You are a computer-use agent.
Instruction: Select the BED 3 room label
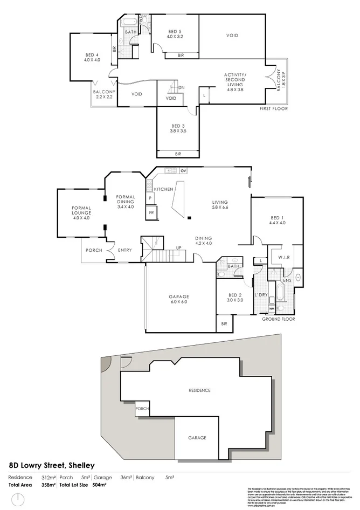[178, 128]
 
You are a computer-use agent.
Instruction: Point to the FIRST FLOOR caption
[274, 109]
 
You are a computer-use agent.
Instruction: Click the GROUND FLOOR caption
[278, 319]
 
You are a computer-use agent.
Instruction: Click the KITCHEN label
[163, 189]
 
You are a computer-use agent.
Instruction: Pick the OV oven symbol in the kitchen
[183, 171]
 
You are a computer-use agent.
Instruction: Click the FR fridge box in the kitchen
[151, 213]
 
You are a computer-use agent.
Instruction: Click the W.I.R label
[284, 257]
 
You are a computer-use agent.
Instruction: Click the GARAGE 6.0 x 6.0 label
[177, 298]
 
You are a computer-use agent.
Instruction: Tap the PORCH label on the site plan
[143, 408]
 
